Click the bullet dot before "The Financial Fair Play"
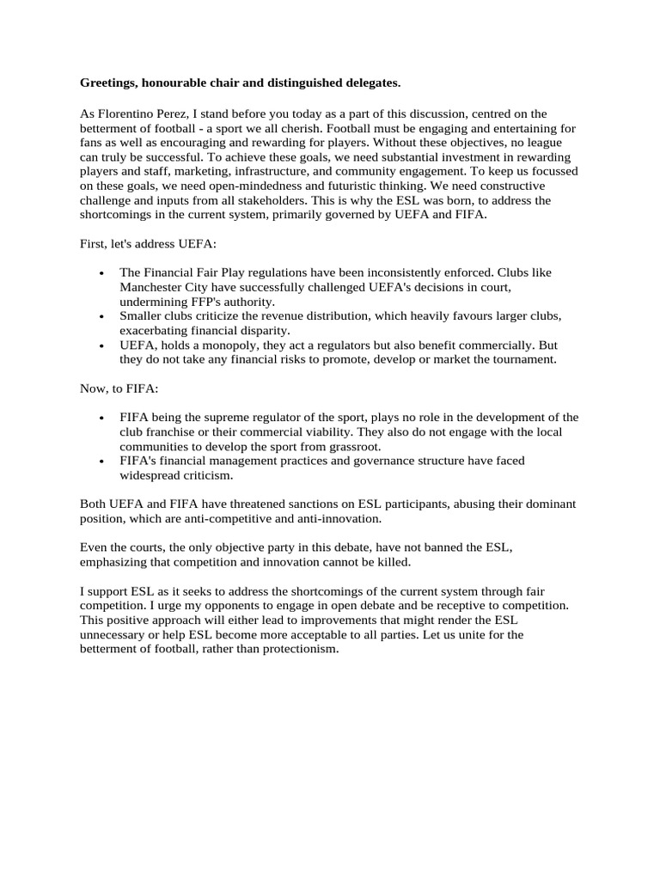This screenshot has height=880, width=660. pyautogui.click(x=102, y=273)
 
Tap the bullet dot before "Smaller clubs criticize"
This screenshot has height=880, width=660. pyautogui.click(x=102, y=316)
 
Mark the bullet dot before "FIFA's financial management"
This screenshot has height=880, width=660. pyautogui.click(x=102, y=461)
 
